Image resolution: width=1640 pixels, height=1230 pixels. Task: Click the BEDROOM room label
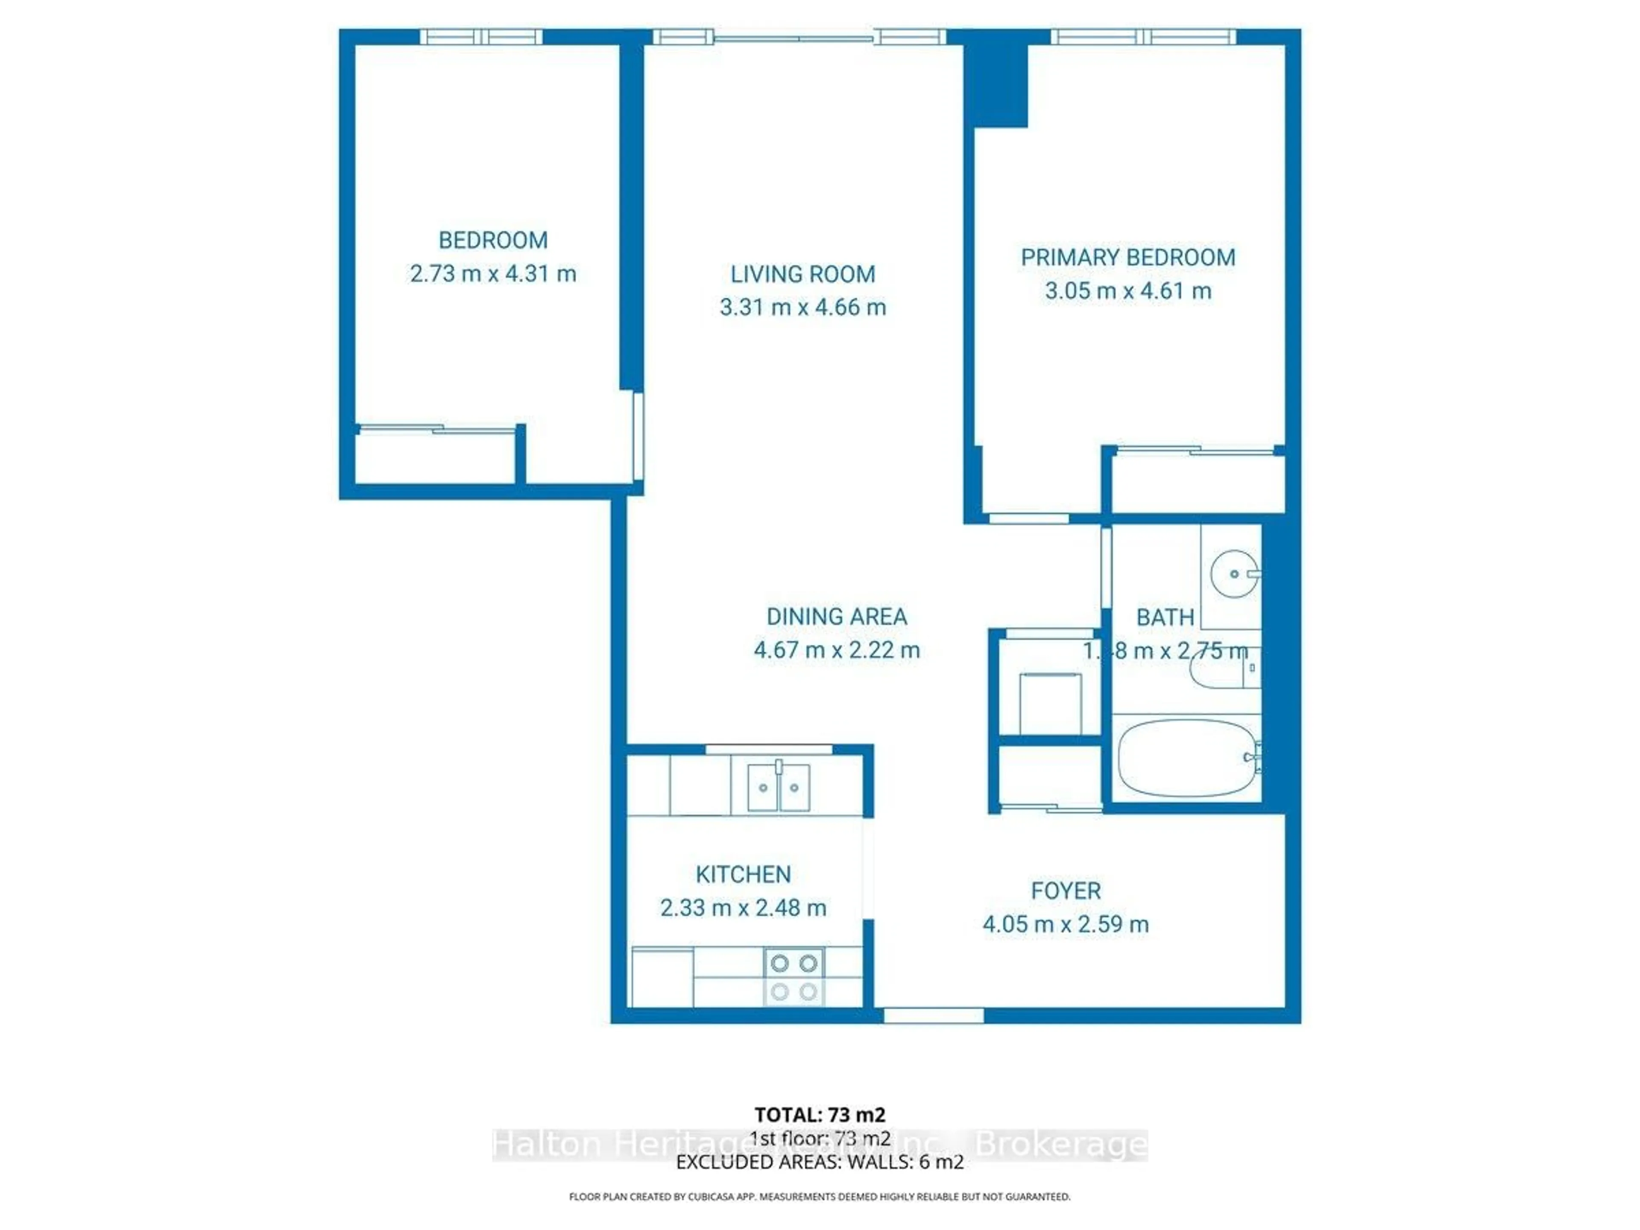point(493,240)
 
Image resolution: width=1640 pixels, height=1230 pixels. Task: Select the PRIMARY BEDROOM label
point(1127,257)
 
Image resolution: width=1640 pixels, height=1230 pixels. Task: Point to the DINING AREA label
point(836,616)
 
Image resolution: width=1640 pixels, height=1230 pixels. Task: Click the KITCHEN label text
point(743,874)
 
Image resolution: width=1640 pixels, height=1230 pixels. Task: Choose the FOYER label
point(1066,890)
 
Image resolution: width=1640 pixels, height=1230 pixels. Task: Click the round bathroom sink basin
point(1234,574)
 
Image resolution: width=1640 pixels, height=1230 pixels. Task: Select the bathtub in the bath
point(1186,757)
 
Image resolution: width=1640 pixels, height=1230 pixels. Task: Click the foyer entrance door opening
point(934,1015)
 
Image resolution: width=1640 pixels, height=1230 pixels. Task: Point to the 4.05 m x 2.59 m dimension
point(1066,925)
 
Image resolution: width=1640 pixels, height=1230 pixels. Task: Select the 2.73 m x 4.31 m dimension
point(493,274)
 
